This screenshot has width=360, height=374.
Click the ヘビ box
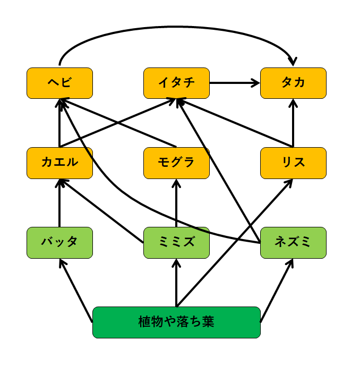tap(59, 83)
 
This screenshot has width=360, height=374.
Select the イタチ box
tap(176, 83)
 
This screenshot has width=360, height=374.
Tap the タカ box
tap(293, 83)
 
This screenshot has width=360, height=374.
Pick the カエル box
tap(59, 163)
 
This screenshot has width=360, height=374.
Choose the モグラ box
tap(176, 163)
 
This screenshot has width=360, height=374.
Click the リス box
tap(293, 163)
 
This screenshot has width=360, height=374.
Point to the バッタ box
tap(59, 242)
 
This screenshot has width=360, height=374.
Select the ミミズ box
tap(176, 242)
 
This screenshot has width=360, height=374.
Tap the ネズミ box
tap(293, 242)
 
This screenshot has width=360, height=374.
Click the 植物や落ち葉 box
tap(176, 322)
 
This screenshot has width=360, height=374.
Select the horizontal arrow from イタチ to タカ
tap(234, 83)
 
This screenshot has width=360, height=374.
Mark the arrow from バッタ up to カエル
tap(59, 205)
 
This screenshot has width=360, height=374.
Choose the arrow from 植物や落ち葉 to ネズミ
tap(277, 290)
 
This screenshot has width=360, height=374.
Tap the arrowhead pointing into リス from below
tap(289, 183)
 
